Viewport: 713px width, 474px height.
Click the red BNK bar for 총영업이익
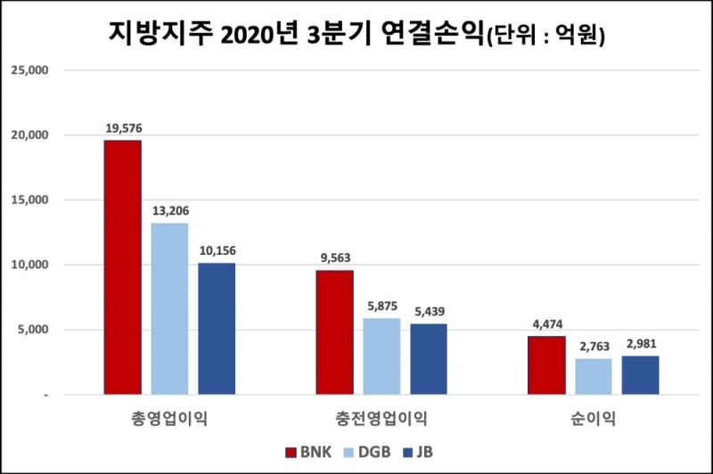coord(122,267)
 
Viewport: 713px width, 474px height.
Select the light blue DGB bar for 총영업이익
coord(169,308)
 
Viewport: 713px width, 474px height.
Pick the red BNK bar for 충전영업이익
coord(335,332)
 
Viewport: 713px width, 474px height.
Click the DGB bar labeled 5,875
coord(381,356)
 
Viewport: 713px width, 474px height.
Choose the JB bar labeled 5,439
coord(429,359)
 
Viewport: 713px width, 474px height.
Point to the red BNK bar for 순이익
coord(546,365)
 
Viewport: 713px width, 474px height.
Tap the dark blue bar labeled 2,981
coord(640,375)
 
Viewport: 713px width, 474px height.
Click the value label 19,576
coord(123,128)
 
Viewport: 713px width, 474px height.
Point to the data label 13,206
coord(169,211)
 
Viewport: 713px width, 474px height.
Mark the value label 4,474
coord(547,323)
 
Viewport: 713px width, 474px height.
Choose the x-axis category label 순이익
coord(594,418)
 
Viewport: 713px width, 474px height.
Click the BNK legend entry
coord(308,452)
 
